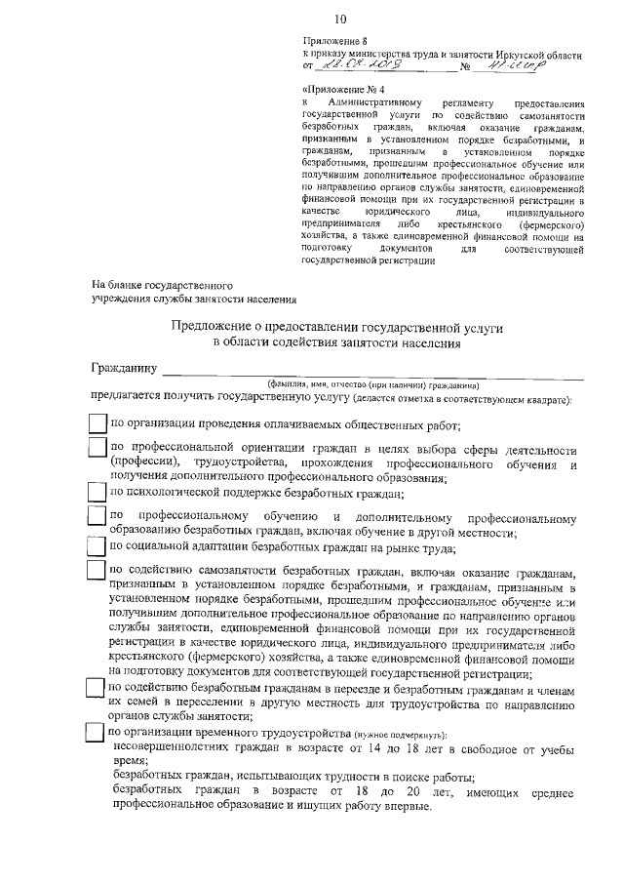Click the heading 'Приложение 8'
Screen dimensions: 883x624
click(x=331, y=42)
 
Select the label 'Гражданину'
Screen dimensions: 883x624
click(x=123, y=370)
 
